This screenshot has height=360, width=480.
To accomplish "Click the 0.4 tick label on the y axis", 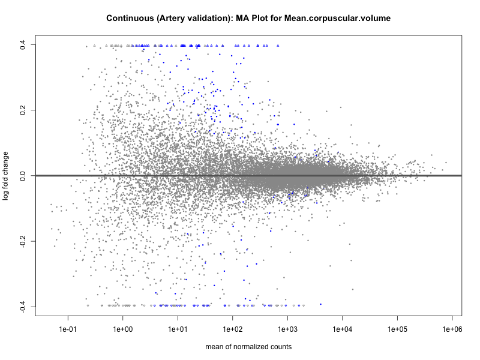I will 23,44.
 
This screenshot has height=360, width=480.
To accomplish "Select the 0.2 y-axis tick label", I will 23,110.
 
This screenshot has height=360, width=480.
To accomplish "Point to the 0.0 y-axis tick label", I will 23,176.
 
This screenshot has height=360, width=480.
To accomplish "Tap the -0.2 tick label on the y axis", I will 23,241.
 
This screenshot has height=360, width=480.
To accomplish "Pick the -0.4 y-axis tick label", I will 23,307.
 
